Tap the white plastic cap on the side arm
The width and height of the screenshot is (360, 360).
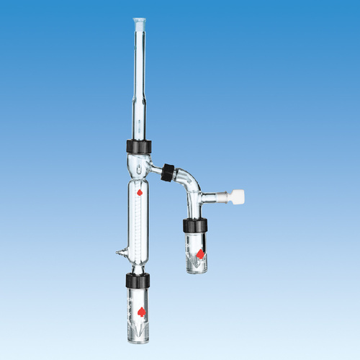235,196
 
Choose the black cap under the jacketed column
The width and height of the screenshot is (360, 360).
138,280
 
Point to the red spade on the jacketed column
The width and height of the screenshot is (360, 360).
140,192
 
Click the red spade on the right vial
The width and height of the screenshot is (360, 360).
199,253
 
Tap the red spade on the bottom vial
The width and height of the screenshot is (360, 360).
140,311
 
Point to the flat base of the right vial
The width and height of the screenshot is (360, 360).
195,271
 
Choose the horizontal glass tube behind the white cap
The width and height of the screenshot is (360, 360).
213,195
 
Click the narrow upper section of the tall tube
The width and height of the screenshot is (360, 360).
139,65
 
